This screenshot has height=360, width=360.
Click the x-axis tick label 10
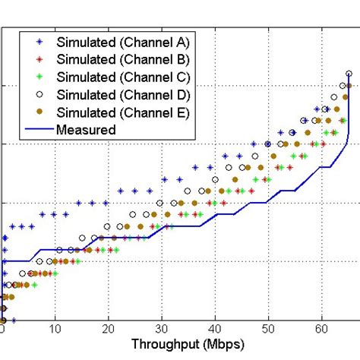click(55, 329)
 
